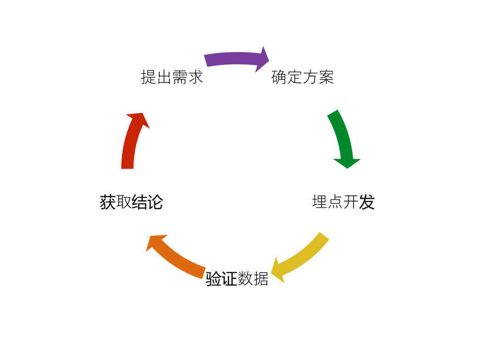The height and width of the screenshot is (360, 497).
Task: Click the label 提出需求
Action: click(172, 77)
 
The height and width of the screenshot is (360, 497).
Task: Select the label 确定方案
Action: click(302, 77)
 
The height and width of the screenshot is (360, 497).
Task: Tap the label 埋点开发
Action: click(343, 202)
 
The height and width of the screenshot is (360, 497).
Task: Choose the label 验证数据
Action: click(237, 279)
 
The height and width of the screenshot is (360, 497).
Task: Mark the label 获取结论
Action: click(131, 202)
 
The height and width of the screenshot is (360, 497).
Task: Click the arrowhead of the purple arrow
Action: click(264, 59)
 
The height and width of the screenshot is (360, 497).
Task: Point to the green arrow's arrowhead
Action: click(347, 163)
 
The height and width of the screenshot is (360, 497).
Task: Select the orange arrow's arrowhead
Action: click(154, 243)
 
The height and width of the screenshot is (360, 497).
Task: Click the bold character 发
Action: click(367, 202)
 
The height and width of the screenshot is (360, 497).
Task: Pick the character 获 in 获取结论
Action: click(107, 202)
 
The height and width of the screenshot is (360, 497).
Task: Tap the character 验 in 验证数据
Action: click(214, 279)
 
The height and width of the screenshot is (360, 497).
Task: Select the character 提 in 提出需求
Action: click(148, 77)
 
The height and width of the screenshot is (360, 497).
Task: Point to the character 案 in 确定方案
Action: click(326, 77)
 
